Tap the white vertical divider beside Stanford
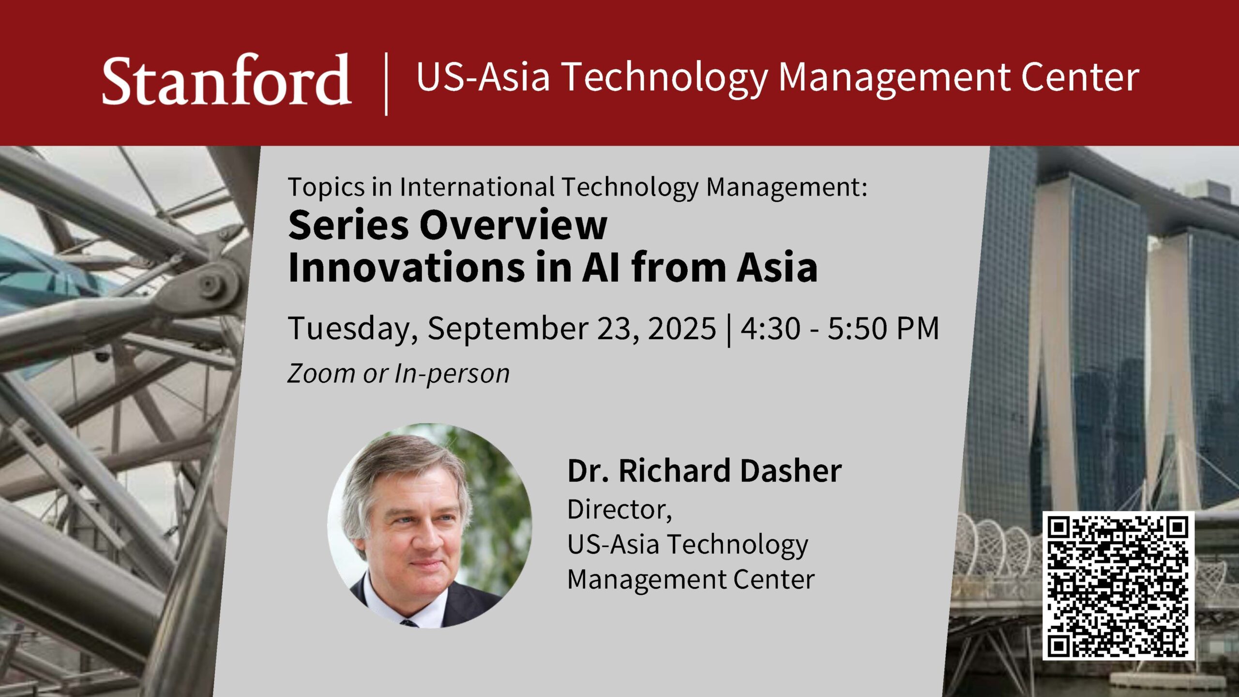(386, 84)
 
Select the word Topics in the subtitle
(326, 188)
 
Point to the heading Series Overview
(448, 225)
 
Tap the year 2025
(681, 328)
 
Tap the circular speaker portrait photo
(430, 526)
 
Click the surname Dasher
(784, 470)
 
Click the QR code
(1118, 586)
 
